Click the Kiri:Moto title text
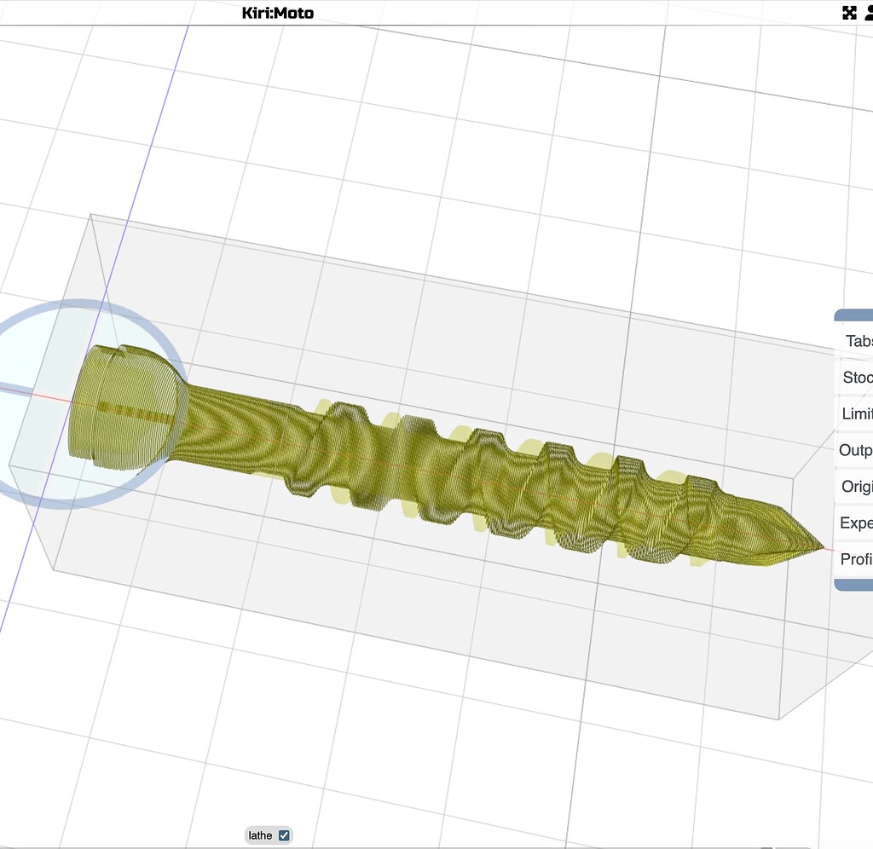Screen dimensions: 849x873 (277, 12)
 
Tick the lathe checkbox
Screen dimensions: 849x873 (284, 835)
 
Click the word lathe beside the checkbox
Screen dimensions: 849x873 (260, 835)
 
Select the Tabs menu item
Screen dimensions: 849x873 (857, 341)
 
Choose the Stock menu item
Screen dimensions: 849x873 (857, 377)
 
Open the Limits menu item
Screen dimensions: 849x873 (857, 413)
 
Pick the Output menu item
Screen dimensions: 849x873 (857, 450)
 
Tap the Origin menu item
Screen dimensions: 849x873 (857, 487)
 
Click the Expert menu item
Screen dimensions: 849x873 (857, 523)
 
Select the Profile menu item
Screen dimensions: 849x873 (857, 559)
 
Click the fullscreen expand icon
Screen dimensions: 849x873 (849, 12)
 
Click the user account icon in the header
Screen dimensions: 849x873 (869, 12)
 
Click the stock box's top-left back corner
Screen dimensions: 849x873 (91, 215)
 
